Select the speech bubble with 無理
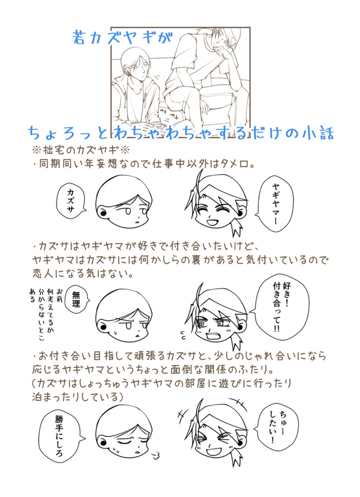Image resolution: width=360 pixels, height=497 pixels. pyautogui.click(x=77, y=299)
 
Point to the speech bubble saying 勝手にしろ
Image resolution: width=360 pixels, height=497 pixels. pyautogui.click(x=59, y=435)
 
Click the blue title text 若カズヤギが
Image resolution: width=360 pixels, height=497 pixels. pyautogui.click(x=122, y=37)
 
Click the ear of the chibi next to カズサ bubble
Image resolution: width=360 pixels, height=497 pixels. pyautogui.click(x=102, y=212)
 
